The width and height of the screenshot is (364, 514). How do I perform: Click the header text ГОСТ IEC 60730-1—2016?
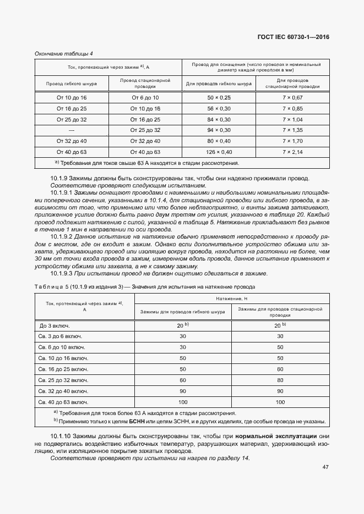tap(297, 37)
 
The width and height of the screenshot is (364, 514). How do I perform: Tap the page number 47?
tap(325, 467)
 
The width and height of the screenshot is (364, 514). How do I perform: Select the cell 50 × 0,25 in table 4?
tap(219, 97)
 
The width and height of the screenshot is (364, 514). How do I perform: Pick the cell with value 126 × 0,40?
tap(219, 152)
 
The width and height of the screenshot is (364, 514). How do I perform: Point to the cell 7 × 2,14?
tap(292, 152)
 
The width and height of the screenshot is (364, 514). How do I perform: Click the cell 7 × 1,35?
tap(292, 130)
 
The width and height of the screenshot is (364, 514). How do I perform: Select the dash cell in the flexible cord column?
tap(72, 130)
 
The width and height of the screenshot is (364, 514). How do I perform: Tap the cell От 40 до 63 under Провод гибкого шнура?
tap(72, 152)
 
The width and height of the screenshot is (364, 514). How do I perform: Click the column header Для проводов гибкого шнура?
tap(219, 84)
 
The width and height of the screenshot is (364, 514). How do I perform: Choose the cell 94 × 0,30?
tap(219, 130)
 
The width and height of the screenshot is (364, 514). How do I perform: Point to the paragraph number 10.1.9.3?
tap(62, 273)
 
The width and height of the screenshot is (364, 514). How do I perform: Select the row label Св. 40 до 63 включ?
tap(61, 402)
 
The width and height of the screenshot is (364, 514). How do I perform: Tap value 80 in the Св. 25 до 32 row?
tap(280, 380)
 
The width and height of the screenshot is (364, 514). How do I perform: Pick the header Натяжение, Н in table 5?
tap(232, 298)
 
